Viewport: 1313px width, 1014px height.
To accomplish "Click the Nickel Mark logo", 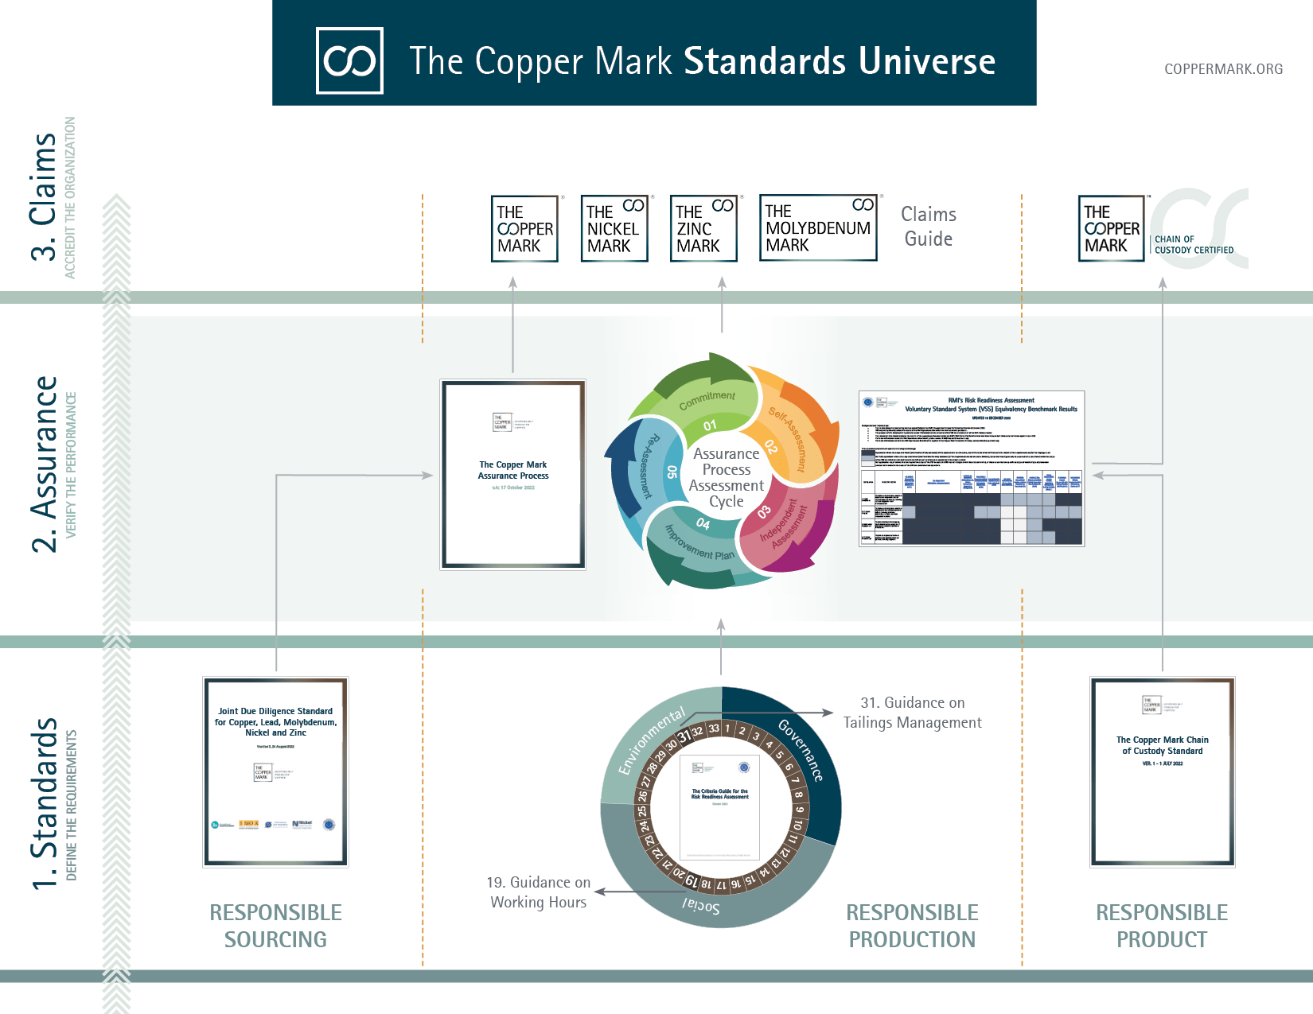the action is pos(614,228).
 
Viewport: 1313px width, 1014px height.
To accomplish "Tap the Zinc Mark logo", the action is pos(703,228).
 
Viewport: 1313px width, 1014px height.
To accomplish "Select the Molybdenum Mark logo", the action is pos(818,227).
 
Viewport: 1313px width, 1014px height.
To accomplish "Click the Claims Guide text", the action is pos(928,227).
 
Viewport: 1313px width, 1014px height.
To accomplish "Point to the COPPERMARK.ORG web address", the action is pos(1223,69).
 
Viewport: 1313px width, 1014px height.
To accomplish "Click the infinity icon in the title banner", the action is pos(349,60).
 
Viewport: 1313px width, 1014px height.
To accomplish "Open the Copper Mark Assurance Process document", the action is pos(513,474).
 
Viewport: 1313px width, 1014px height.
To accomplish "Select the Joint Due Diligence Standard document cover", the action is pos(275,771).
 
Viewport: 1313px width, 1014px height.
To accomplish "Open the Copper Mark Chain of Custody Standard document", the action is pos(1162,771).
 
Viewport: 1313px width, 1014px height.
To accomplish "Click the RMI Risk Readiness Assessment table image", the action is pos(972,468).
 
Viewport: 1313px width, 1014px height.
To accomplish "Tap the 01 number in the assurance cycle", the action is pos(710,425).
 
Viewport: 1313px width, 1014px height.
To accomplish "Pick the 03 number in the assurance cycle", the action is pos(764,512).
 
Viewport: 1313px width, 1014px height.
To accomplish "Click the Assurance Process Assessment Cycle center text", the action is pos(726,477).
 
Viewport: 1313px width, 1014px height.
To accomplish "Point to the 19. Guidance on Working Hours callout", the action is pos(539,892).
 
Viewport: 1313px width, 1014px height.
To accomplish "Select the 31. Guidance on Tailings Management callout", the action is pos(912,713).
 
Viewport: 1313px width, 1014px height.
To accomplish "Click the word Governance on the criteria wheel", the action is pos(800,750).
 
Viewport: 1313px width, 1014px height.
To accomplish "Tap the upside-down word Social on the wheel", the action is pos(701,906).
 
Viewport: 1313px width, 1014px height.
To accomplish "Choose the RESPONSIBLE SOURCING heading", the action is pos(275,926).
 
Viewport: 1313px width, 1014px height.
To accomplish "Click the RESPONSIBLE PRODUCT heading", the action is pos(1162,926).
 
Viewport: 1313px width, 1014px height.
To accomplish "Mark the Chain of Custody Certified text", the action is pos(1194,244).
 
